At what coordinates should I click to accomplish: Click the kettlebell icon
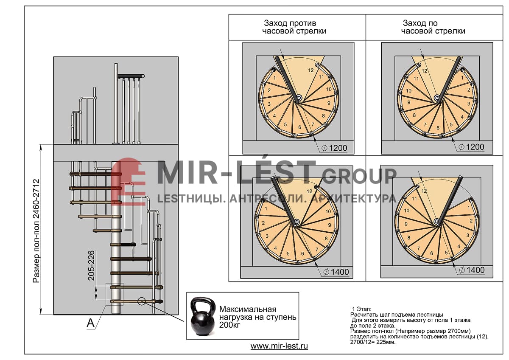[203, 316]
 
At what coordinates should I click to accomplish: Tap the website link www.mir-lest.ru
[279, 346]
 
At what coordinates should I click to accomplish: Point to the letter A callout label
[91, 323]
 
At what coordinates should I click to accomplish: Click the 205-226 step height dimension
[91, 266]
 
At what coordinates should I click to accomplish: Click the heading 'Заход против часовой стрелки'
[294, 27]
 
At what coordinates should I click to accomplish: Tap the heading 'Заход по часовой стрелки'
[433, 27]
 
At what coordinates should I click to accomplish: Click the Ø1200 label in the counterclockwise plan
[335, 148]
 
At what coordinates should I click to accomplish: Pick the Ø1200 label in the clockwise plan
[471, 147]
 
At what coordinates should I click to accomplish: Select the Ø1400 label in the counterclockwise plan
[336, 272]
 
